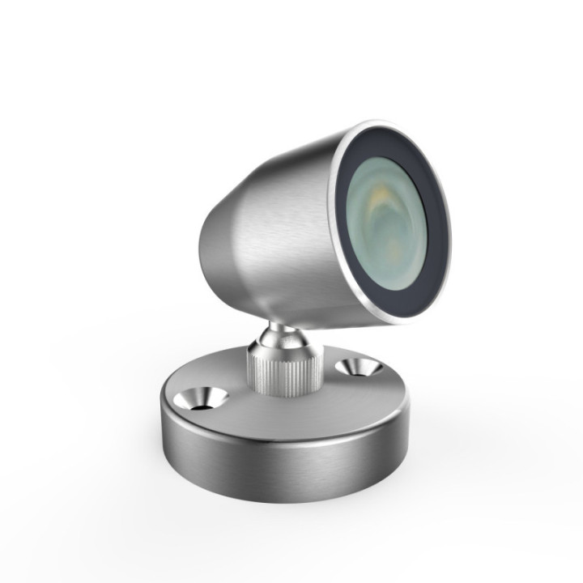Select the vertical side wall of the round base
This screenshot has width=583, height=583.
coord(283,470)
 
